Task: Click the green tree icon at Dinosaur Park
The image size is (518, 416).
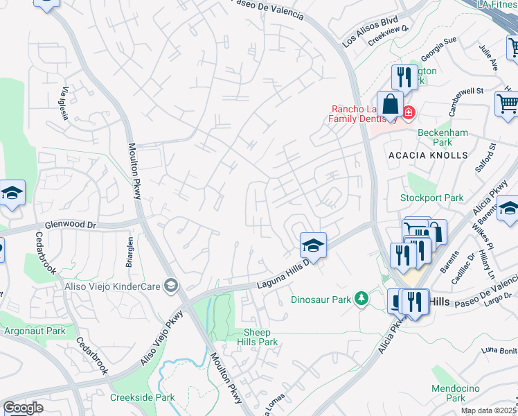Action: pos(361,299)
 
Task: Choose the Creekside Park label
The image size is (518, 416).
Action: pos(142,398)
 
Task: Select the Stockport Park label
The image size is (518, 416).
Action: pos(432,198)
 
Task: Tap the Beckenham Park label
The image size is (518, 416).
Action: pos(443,137)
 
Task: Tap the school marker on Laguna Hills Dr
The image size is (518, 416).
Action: pos(312,245)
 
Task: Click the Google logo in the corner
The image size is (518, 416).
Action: pos(23,408)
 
